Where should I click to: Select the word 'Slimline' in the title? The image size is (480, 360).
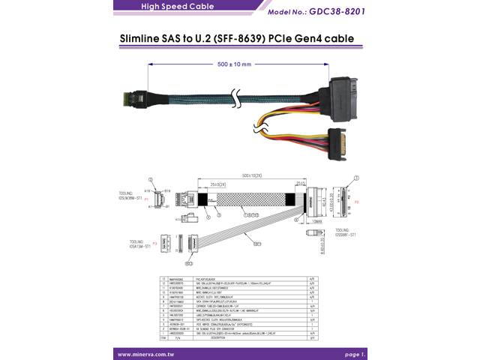148,37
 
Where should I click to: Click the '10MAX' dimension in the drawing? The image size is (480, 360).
317,220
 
